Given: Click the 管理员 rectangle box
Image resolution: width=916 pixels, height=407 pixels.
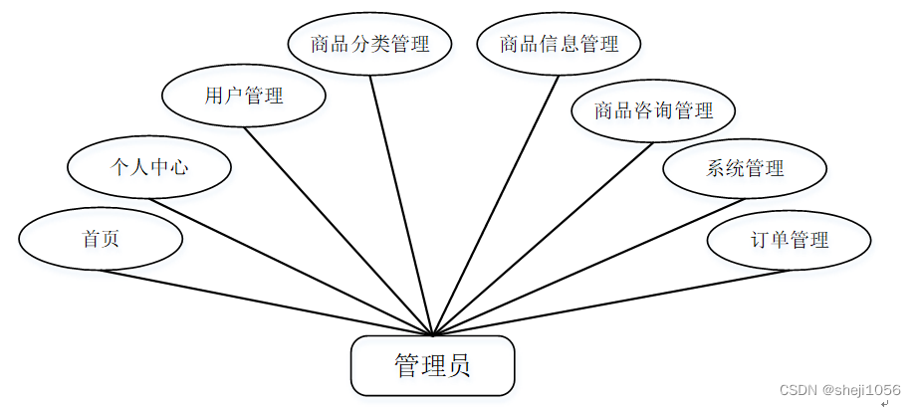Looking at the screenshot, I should [432, 365].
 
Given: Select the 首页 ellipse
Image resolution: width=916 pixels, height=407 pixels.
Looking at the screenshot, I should [101, 239].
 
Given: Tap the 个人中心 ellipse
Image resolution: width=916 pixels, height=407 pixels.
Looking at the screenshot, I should [149, 167].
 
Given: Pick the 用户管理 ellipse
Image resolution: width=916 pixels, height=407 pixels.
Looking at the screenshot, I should [244, 96].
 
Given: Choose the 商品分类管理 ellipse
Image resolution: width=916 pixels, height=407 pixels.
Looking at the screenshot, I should [369, 44].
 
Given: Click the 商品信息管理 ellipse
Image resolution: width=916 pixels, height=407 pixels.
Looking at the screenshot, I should [559, 44].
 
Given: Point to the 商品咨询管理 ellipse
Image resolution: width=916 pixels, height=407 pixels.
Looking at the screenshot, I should [653, 109].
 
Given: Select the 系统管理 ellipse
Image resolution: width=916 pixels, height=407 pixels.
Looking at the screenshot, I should [745, 167].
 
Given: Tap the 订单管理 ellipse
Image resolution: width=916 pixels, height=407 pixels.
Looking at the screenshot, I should [789, 239].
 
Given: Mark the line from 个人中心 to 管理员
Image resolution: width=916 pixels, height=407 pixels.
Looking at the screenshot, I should [291, 267].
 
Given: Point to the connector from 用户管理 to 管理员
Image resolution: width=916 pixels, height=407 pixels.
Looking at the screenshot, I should [339, 231].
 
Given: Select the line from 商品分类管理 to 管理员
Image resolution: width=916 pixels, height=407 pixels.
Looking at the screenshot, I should [401, 204].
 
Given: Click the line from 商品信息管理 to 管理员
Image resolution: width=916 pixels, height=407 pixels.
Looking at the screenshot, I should [496, 204].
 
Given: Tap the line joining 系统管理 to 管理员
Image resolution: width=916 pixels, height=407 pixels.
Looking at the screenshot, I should [587, 267].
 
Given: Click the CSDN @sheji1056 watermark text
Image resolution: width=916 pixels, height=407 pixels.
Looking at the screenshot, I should [839, 391].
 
